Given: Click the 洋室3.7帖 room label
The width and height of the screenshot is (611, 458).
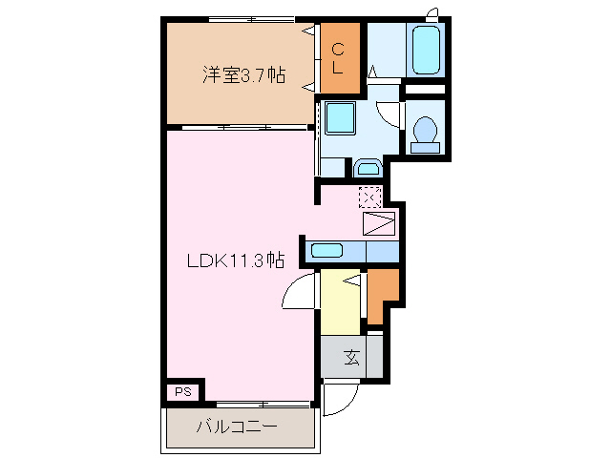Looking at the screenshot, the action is pyautogui.click(x=244, y=74).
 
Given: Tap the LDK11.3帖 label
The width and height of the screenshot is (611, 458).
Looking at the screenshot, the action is pyautogui.click(x=236, y=260).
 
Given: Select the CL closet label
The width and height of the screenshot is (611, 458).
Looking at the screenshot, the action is pyautogui.click(x=338, y=58).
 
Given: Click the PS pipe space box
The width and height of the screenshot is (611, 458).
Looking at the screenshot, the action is pyautogui.click(x=183, y=392).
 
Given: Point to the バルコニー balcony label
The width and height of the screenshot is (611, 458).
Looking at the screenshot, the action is pyautogui.click(x=237, y=427).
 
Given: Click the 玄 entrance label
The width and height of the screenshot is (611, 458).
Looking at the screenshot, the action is pyautogui.click(x=351, y=357).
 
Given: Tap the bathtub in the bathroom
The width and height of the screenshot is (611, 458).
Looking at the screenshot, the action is pyautogui.click(x=427, y=50).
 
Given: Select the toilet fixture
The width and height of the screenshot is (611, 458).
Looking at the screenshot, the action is pyautogui.click(x=425, y=135).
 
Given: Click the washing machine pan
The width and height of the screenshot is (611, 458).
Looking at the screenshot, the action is pyautogui.click(x=340, y=118).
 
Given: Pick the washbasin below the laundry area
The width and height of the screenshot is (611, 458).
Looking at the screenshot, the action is pyautogui.click(x=369, y=168).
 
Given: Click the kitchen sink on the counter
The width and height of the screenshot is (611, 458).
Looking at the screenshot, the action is pyautogui.click(x=327, y=250).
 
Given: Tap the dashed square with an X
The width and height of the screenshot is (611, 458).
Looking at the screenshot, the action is pyautogui.click(x=370, y=198).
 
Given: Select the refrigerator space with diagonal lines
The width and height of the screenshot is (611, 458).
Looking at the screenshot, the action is pyautogui.click(x=379, y=223).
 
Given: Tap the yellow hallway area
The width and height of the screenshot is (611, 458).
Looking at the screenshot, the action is pyautogui.click(x=340, y=302).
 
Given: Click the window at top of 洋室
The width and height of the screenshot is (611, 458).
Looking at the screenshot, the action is pyautogui.click(x=251, y=19).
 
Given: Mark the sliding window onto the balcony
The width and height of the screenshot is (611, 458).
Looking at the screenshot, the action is pyautogui.click(x=265, y=405).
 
